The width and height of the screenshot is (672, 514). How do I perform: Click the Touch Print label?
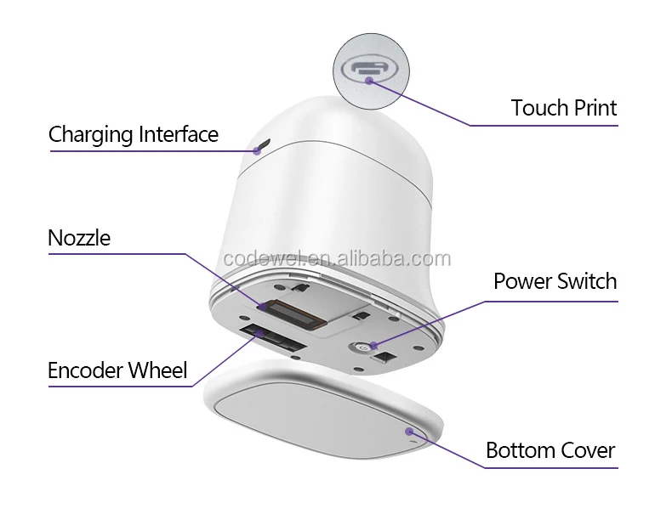point(563,108)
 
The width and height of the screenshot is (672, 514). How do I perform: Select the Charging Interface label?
point(133,134)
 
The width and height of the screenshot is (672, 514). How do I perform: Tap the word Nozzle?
point(79,237)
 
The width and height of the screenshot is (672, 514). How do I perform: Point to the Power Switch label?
point(555,281)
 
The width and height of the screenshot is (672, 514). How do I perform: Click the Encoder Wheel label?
point(118,370)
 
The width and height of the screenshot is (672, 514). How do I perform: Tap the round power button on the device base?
point(362,347)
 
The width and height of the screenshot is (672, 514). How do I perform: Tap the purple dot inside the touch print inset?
point(367,81)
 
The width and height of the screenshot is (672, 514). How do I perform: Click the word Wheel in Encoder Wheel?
point(158,370)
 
